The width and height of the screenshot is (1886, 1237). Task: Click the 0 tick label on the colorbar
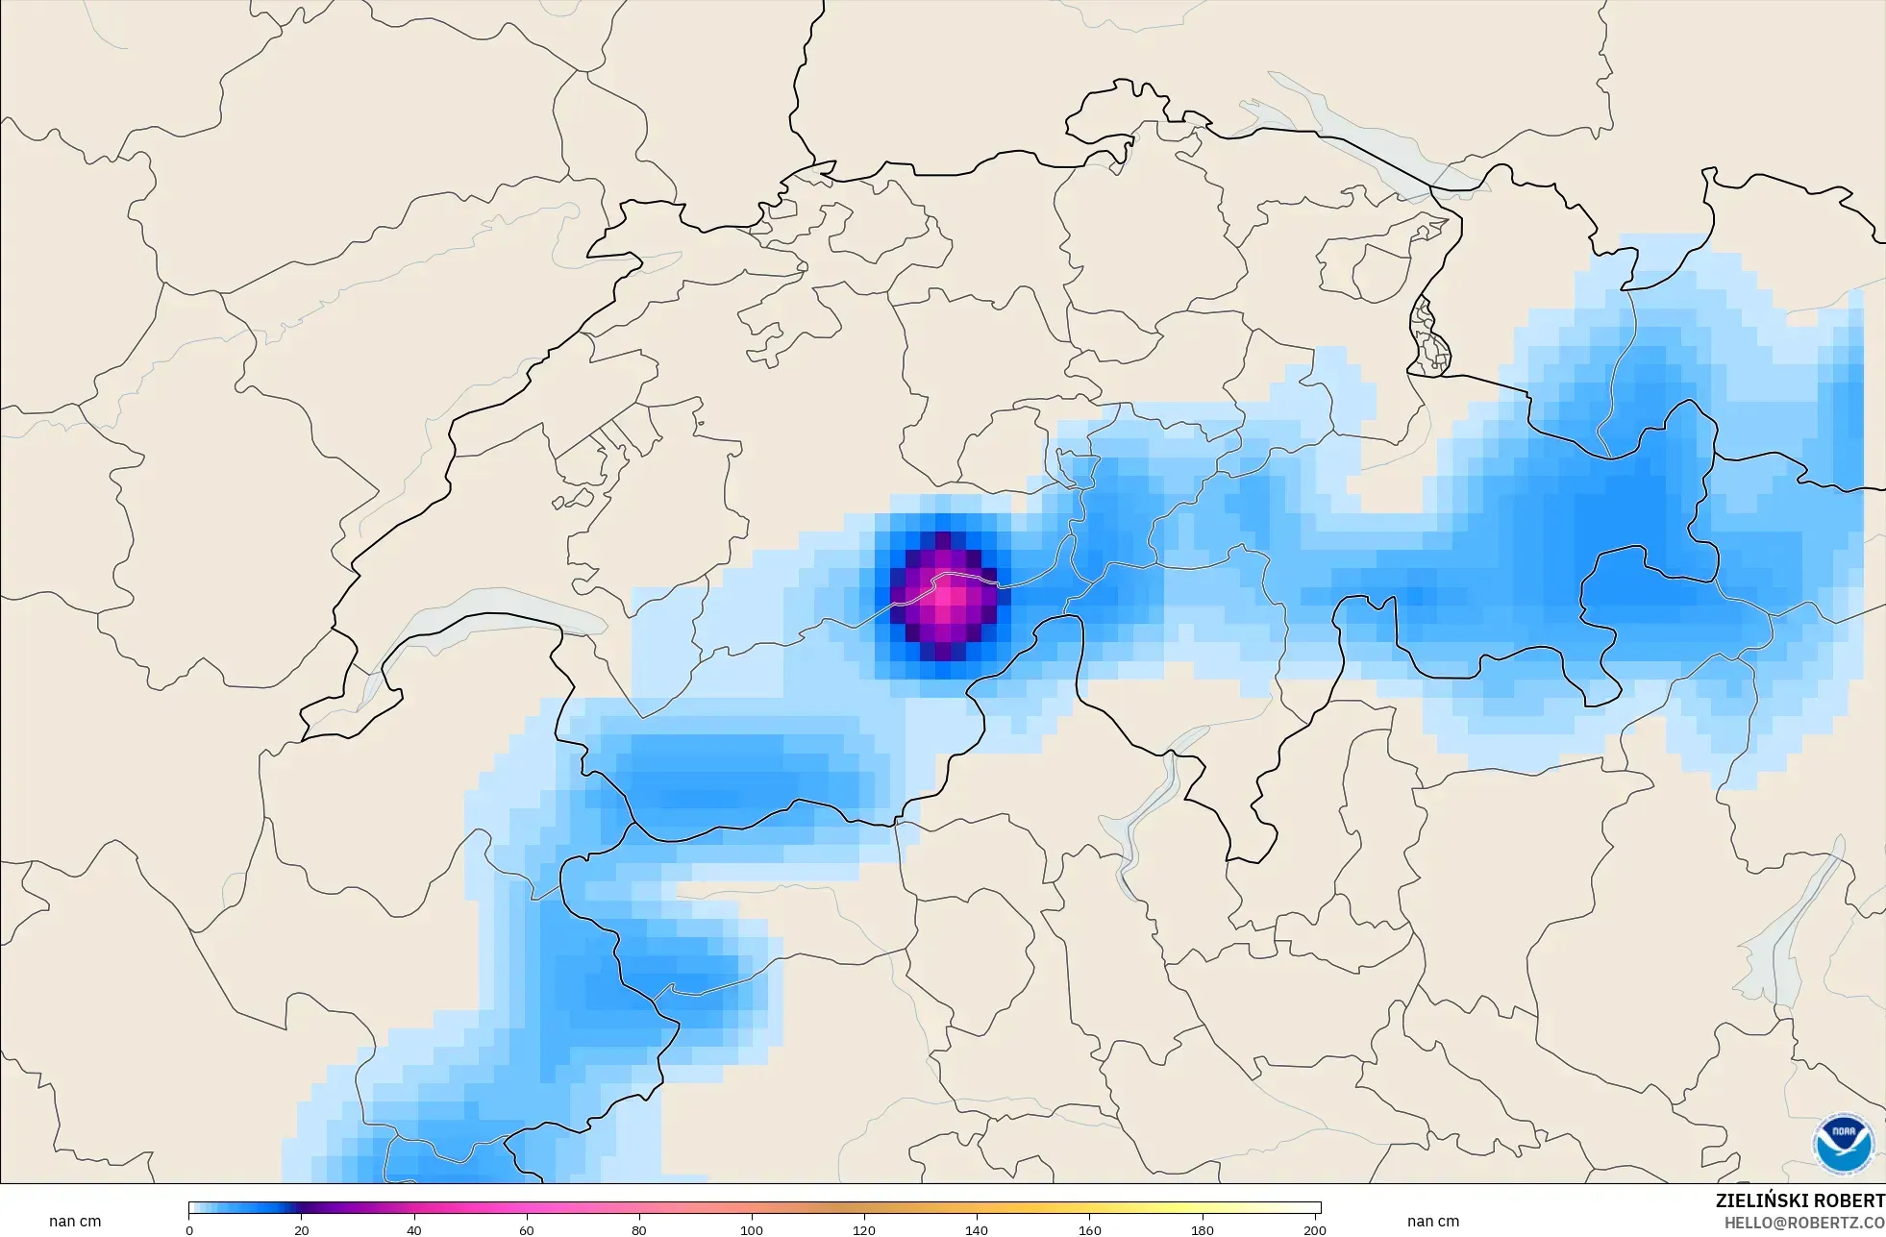coord(189,1230)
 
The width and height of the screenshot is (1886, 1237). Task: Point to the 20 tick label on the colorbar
coord(302,1230)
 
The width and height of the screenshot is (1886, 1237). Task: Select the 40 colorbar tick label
coord(414,1230)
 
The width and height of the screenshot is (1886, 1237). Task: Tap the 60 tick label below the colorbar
coord(527,1230)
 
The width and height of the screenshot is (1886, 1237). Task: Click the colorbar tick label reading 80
coord(639,1230)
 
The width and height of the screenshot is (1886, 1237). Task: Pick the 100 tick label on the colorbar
coord(752,1230)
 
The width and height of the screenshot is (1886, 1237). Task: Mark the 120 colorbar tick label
coord(864,1230)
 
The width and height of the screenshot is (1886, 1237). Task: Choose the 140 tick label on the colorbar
coord(977,1230)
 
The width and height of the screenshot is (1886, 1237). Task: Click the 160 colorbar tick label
coord(1089,1230)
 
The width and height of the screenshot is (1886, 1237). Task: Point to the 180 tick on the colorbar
coord(1202,1230)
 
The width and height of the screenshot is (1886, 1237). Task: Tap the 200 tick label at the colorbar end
coord(1314,1230)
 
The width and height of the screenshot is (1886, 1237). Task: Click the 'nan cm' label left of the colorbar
coord(75,1222)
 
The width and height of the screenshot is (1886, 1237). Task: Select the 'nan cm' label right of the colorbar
coord(1432,1222)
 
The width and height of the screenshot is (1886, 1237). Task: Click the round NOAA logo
coord(1843,1143)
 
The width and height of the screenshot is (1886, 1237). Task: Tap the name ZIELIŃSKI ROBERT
coord(1799,1200)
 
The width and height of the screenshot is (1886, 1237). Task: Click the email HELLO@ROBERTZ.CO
coord(1804,1224)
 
